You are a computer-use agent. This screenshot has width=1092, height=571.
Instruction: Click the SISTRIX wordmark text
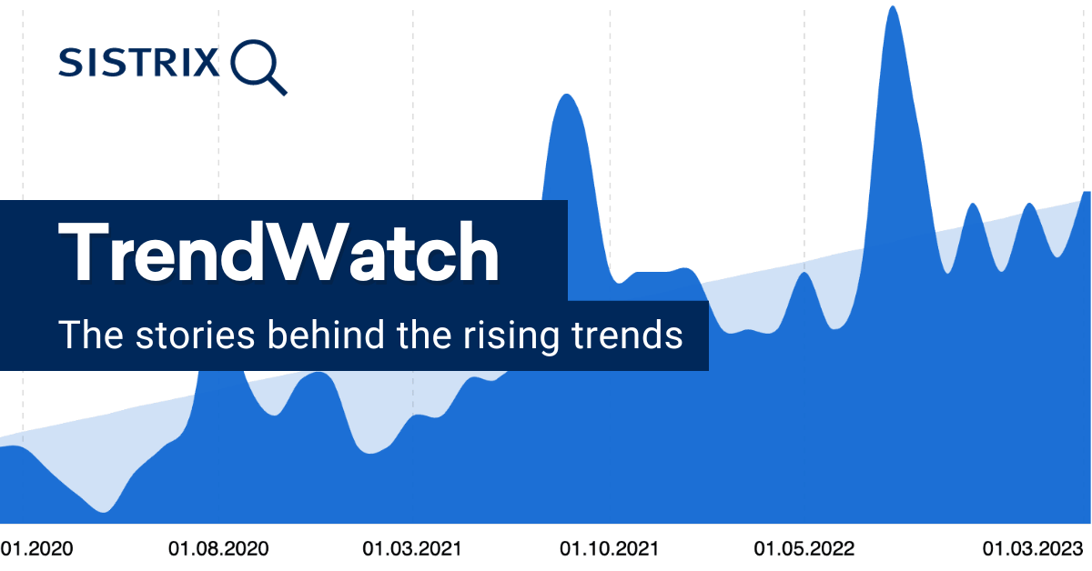pyautogui.click(x=138, y=63)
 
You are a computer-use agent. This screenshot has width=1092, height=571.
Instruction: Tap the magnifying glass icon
pyautogui.click(x=258, y=65)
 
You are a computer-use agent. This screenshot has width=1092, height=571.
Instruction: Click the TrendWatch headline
pyautogui.click(x=279, y=250)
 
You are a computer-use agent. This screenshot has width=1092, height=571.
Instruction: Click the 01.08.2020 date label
pyautogui.click(x=218, y=549)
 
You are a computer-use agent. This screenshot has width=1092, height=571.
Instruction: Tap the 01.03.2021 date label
pyautogui.click(x=412, y=549)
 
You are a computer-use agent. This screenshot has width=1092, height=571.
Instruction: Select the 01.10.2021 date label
pyautogui.click(x=609, y=549)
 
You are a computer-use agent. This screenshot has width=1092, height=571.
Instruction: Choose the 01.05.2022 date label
pyautogui.click(x=804, y=549)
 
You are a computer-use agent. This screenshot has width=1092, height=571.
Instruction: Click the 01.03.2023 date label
pyautogui.click(x=1032, y=549)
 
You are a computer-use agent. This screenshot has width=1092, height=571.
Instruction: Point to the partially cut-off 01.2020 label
pyautogui.click(x=36, y=549)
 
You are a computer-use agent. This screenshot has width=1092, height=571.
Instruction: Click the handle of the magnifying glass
pyautogui.click(x=277, y=85)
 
